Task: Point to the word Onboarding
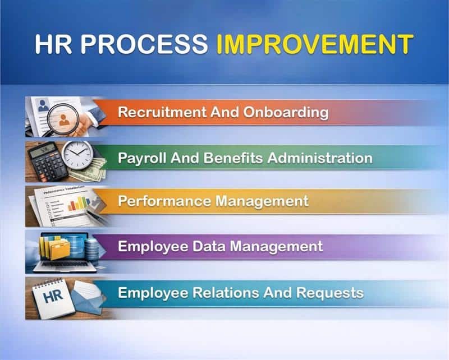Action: point(286,112)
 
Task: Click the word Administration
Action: point(320,158)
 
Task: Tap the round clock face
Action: point(77,154)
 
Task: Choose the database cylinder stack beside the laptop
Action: point(89,247)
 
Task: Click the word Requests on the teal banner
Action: point(333,292)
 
